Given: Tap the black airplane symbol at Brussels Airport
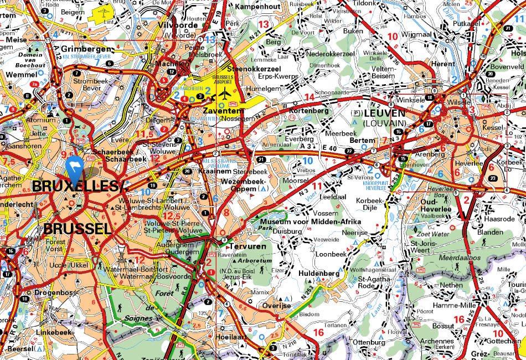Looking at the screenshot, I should (x=225, y=92).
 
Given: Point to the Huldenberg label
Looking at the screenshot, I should (x=319, y=273).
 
